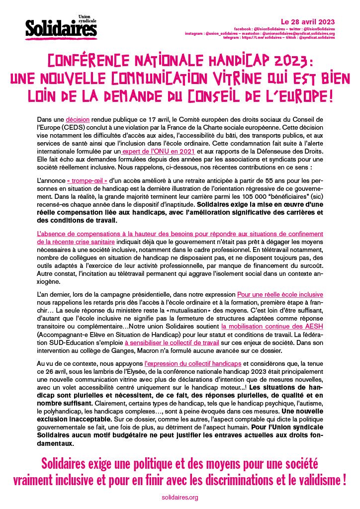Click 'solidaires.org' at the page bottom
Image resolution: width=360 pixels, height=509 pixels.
coord(180,497)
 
